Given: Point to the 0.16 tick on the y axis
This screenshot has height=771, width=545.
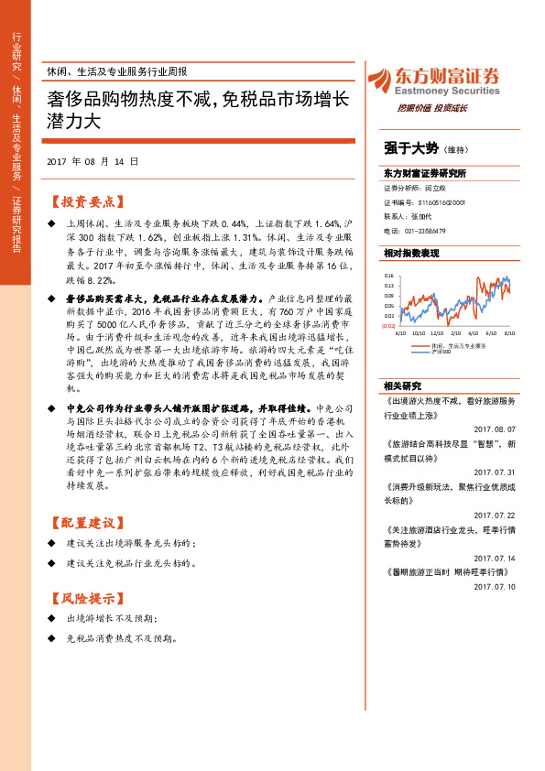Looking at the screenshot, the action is pos(388,275).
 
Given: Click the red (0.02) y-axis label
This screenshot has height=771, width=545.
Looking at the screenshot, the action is pos(388,325).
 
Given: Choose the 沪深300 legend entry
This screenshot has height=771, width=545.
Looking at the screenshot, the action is pos(443,351).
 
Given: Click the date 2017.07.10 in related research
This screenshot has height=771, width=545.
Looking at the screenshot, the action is pos(495,586).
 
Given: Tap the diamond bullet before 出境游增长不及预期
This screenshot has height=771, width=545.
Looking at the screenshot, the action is pos(51,620).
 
